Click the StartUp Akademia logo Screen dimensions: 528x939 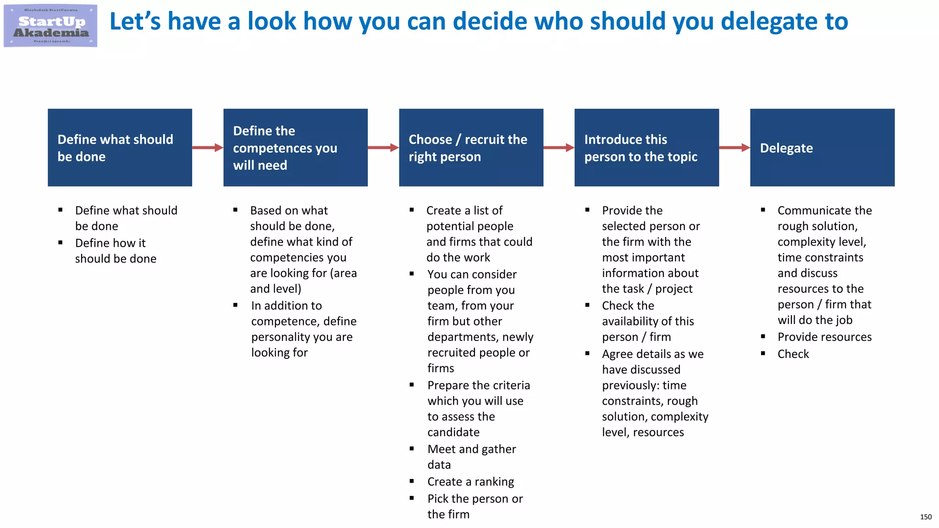(x=50, y=26)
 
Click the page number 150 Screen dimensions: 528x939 (x=926, y=517)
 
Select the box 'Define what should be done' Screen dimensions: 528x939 (x=120, y=148)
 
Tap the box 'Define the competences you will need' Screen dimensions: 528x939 (x=295, y=148)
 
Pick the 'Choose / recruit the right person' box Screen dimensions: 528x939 (x=471, y=148)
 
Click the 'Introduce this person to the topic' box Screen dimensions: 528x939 (x=646, y=148)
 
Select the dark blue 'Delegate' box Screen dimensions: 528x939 (x=822, y=148)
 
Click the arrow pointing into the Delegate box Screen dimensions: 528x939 (x=735, y=148)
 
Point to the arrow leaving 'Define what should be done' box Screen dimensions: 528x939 (x=208, y=148)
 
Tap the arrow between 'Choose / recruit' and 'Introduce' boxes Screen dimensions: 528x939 (x=559, y=148)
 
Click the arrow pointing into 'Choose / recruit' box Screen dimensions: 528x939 (x=383, y=148)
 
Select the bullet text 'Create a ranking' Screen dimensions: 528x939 (x=470, y=482)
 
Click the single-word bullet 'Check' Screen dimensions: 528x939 (x=793, y=354)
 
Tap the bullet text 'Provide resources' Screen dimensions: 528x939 (x=824, y=337)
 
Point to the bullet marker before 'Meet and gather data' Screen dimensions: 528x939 (x=412, y=449)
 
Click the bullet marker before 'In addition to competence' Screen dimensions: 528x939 (x=235, y=305)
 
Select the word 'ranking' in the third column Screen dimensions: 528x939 (x=494, y=482)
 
